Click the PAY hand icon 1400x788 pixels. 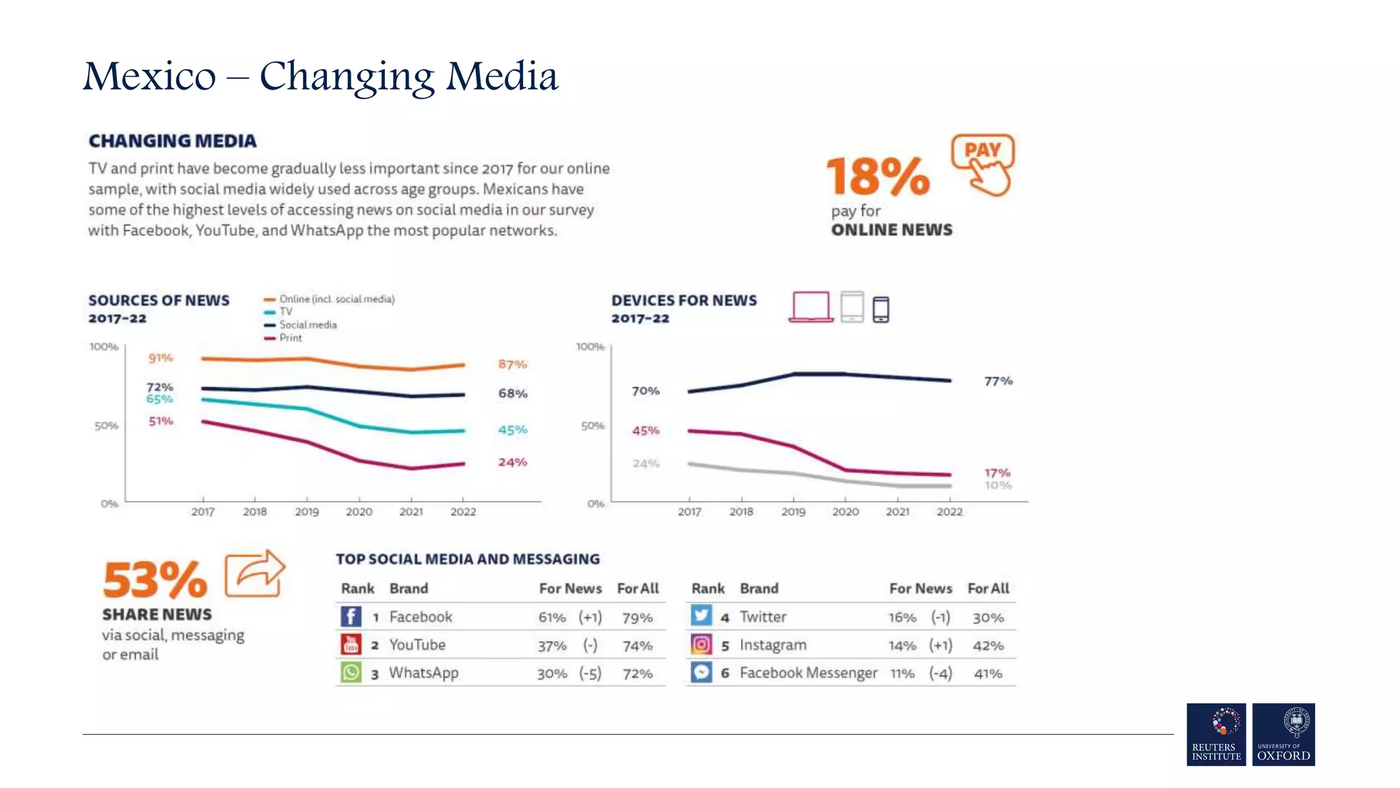[x=982, y=164]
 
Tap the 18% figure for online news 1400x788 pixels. [x=878, y=176]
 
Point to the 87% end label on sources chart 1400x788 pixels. [x=512, y=365]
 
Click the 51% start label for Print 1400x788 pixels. [x=161, y=421]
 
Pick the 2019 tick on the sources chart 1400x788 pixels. [x=307, y=512]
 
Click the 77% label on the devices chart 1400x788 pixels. [x=998, y=381]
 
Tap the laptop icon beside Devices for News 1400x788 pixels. [x=811, y=306]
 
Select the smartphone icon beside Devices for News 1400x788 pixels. [x=880, y=309]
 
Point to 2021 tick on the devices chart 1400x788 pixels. [x=898, y=512]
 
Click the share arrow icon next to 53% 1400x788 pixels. [x=254, y=573]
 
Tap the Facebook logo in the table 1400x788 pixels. [x=351, y=616]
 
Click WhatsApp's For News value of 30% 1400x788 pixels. [x=552, y=674]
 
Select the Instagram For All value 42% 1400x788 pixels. [x=988, y=646]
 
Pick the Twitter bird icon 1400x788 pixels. [x=701, y=616]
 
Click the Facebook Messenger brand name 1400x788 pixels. [x=808, y=673]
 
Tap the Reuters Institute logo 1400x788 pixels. [x=1216, y=734]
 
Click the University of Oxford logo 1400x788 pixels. [x=1283, y=734]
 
